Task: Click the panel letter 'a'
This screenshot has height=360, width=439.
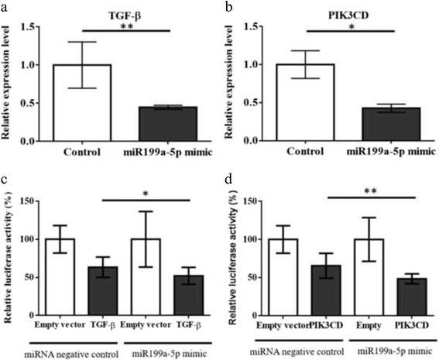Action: (x=5, y=7)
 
